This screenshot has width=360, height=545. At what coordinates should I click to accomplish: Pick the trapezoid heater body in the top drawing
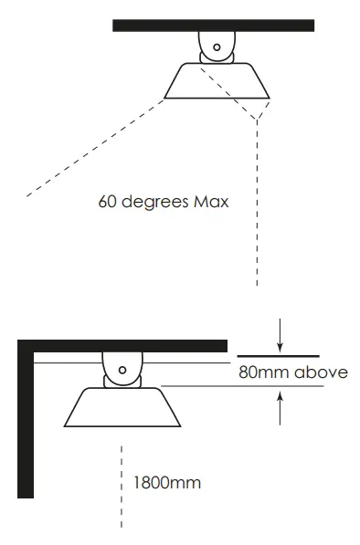pos(216,81)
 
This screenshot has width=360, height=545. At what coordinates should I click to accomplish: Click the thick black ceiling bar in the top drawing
pos(213,26)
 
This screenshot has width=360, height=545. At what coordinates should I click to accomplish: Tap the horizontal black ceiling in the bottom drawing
pos(128,345)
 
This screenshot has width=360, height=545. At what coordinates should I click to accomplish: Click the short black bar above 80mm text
pos(279,355)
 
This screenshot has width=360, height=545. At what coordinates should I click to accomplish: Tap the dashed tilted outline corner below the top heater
pos(258,117)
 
